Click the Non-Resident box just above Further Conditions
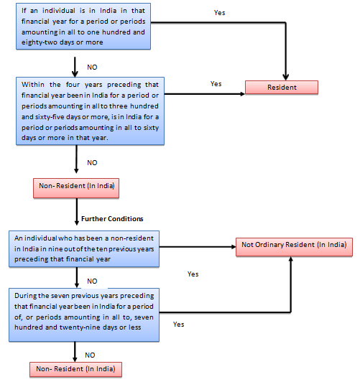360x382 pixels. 75,188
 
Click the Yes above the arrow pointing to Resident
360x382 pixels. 216,84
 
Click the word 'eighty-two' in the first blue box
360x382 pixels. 31,42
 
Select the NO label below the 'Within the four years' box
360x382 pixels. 92,162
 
